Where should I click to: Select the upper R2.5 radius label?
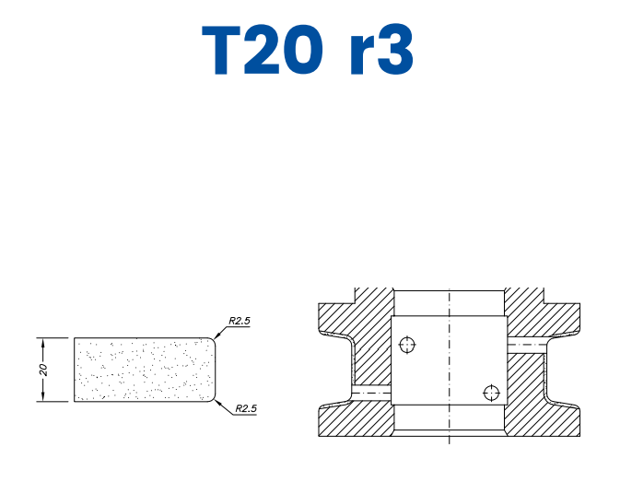coord(239,321)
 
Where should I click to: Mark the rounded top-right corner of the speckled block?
coord(215,341)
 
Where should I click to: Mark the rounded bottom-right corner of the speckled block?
coord(215,398)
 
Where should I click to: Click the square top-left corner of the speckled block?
coord(75,338)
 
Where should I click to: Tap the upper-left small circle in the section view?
coord(408,346)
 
